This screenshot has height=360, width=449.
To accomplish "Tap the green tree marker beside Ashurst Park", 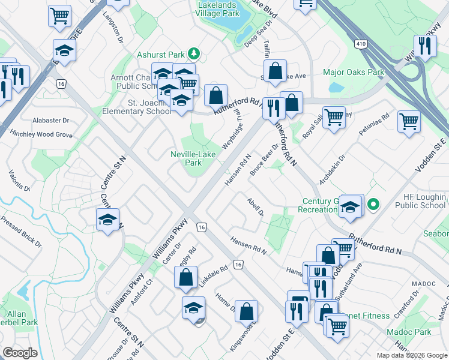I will click(193, 55).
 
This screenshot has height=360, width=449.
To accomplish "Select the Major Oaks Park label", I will click(353, 73).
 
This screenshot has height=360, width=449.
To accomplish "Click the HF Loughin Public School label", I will click(421, 201).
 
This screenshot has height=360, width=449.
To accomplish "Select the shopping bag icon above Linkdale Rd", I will click(185, 277).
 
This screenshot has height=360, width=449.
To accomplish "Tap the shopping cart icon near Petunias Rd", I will click(409, 122).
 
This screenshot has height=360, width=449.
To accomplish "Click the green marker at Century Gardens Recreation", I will click(373, 205).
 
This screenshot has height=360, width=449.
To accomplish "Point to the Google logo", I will click(20, 353).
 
